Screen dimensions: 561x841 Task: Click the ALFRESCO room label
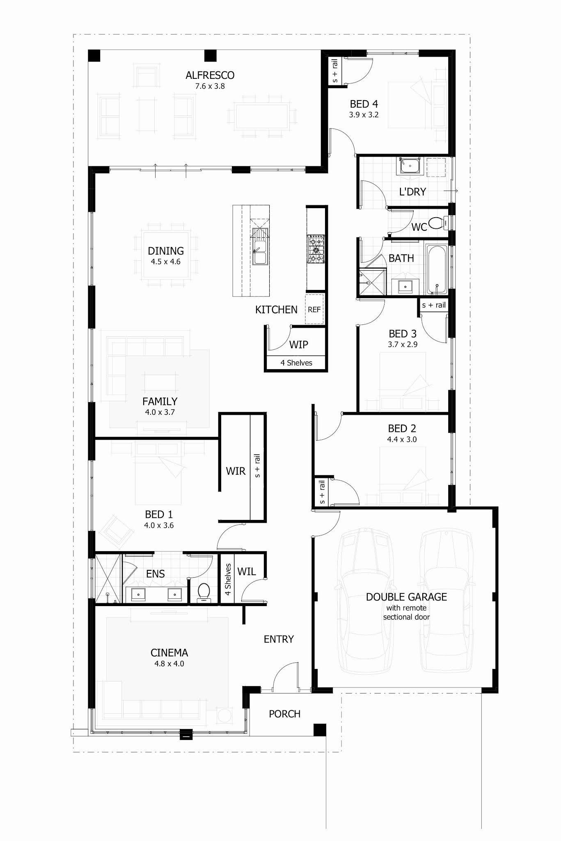(210, 75)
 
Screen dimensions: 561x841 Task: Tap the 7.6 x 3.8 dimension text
(210, 86)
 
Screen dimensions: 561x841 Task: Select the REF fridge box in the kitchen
(314, 309)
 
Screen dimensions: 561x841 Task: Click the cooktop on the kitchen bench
(316, 248)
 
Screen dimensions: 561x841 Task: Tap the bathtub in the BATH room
(436, 269)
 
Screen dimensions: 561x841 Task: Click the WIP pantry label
(299, 345)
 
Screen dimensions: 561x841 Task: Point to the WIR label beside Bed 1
(236, 471)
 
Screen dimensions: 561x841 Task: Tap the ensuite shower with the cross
(108, 578)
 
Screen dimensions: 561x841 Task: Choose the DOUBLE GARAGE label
(406, 597)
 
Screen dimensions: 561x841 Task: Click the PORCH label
(284, 714)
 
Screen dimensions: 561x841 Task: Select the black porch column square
(320, 730)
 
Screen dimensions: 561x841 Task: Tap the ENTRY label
(279, 639)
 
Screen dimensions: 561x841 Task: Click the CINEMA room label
(169, 653)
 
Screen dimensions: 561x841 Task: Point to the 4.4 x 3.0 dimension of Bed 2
(402, 439)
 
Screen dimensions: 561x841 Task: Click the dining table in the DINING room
(166, 255)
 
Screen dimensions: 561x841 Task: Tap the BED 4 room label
(364, 104)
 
